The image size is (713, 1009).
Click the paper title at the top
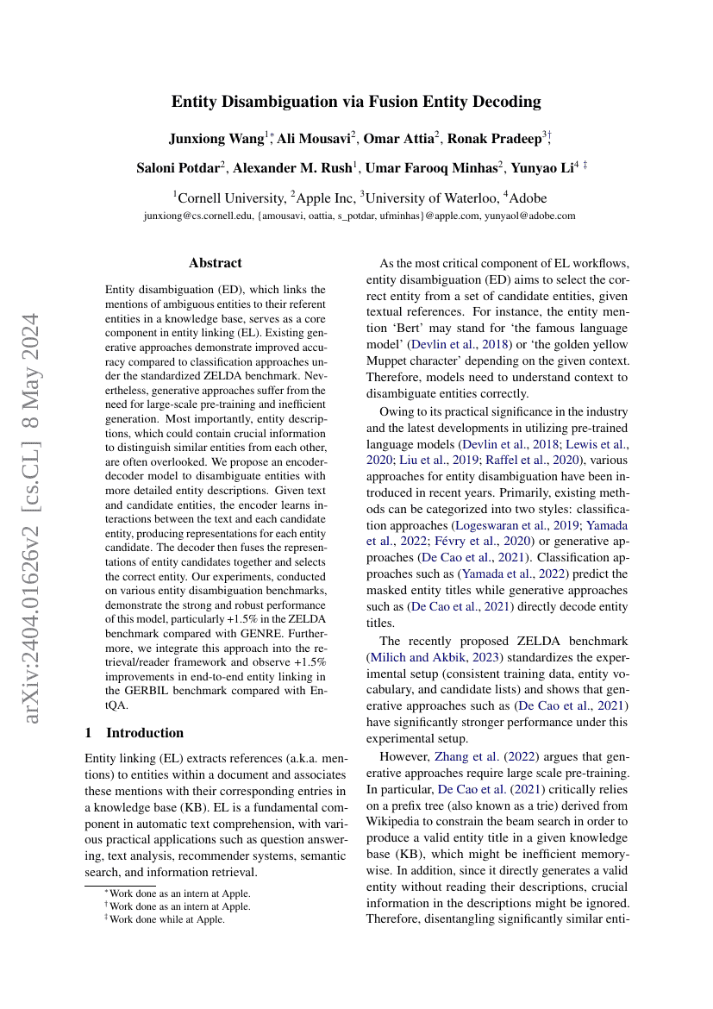pyautogui.click(x=356, y=102)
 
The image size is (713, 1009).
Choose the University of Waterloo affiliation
pyautogui.click(x=427, y=197)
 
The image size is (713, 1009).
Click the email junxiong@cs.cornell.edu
pyautogui.click(x=199, y=216)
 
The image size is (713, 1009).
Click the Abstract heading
pyautogui.click(x=216, y=263)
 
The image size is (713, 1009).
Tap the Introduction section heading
pyautogui.click(x=144, y=733)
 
